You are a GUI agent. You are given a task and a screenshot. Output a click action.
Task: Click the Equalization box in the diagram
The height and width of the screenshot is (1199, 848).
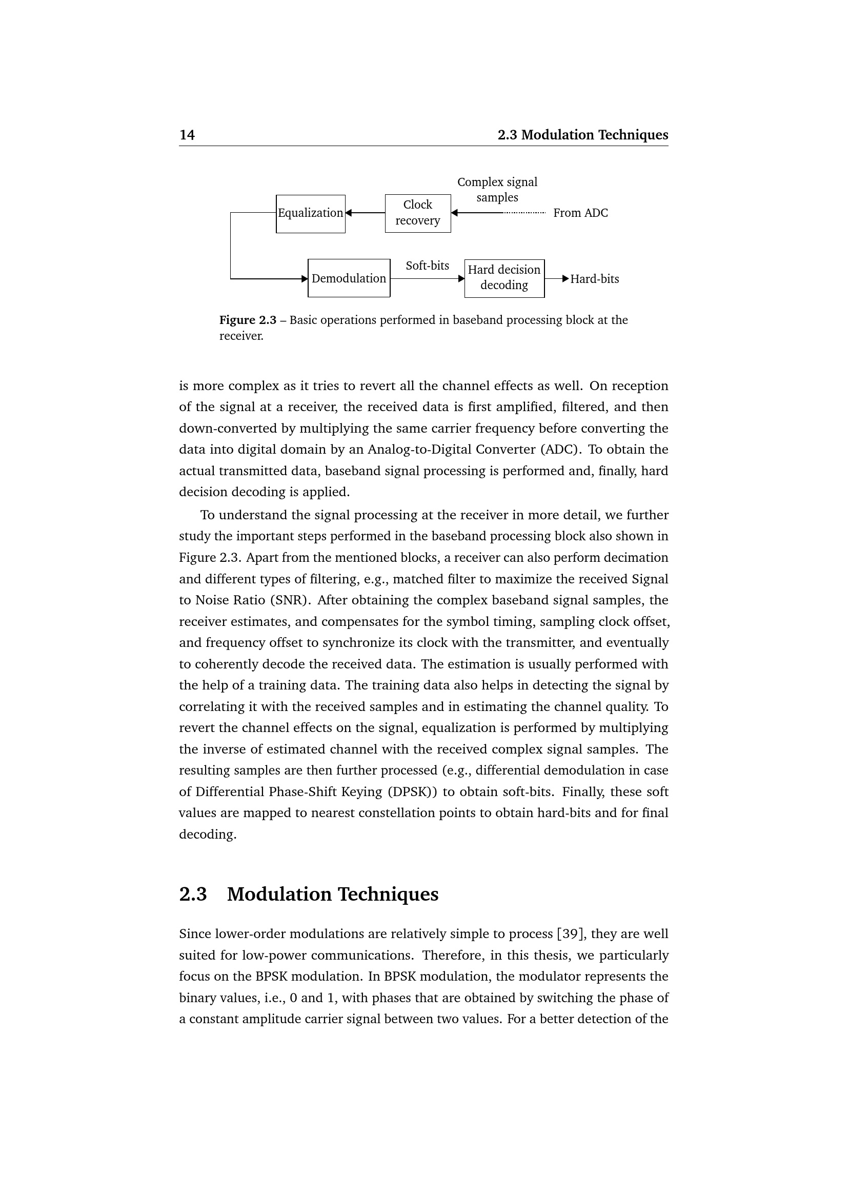(310, 214)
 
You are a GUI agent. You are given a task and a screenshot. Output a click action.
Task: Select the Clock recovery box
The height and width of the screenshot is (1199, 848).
(417, 213)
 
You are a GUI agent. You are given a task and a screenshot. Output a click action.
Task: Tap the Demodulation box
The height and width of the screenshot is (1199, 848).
(349, 278)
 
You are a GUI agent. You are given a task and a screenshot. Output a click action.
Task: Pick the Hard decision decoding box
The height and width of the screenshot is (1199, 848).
(504, 278)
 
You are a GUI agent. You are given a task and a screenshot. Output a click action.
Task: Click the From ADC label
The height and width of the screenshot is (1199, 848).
(580, 213)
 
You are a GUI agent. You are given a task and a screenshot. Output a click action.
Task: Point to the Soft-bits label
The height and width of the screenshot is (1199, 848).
(427, 266)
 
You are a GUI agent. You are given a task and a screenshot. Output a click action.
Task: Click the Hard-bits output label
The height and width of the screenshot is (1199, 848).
(594, 279)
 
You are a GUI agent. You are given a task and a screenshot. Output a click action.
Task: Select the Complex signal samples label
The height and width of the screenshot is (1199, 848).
(497, 190)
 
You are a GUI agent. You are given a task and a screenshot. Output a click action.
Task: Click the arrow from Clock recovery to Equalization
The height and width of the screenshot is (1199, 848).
(365, 213)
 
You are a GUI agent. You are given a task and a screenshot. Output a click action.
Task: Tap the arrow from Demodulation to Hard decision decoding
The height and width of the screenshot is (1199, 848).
(427, 279)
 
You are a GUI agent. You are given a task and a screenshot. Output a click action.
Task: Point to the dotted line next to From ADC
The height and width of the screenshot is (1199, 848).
(524, 213)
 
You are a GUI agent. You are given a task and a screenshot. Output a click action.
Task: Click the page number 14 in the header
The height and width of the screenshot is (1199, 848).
(187, 135)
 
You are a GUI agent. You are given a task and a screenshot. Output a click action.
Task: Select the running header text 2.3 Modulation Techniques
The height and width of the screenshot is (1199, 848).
(582, 135)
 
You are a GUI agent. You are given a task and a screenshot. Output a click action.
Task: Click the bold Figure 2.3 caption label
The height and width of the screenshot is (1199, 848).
(248, 320)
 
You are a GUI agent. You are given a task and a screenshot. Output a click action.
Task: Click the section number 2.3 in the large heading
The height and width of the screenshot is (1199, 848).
(193, 895)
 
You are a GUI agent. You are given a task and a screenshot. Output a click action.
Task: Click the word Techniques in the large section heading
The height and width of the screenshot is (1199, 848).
(388, 895)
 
